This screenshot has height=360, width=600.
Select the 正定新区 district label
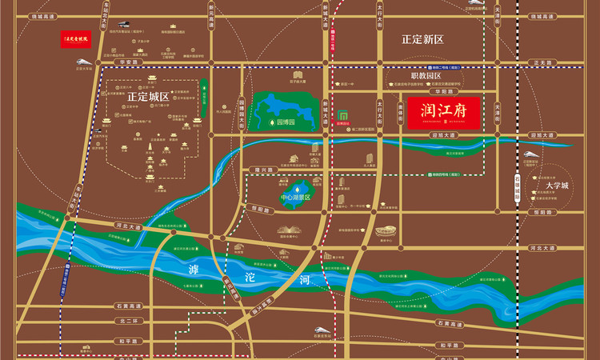(x=422, y=38)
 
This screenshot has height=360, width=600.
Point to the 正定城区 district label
(x=148, y=96)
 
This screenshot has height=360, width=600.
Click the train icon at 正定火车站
(x=129, y=26)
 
